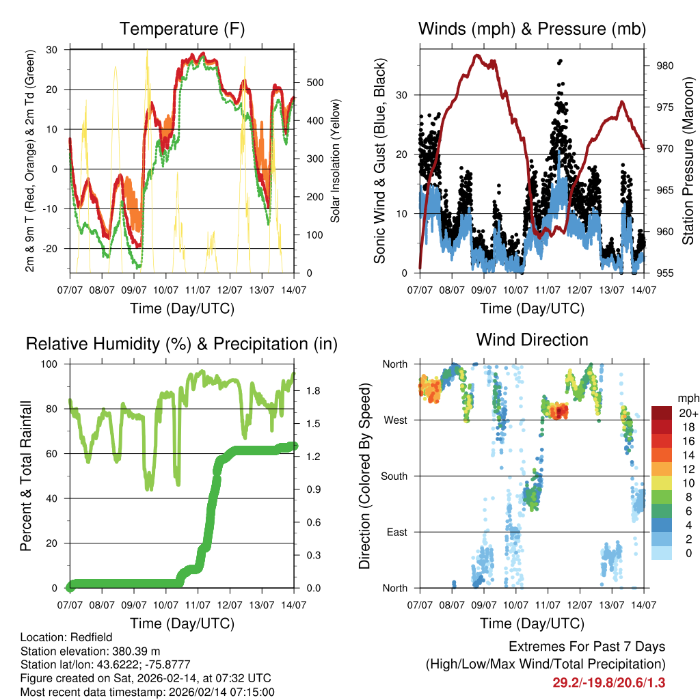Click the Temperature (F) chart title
tap(182, 29)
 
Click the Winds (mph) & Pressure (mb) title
tap(532, 29)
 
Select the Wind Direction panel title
tap(532, 340)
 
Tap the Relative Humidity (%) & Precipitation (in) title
tap(182, 344)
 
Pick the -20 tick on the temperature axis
tap(53, 248)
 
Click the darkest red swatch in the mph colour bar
tap(661, 413)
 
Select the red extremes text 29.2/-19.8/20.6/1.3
tap(608, 682)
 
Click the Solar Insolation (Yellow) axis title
tap(335, 161)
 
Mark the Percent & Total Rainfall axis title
tap(26, 476)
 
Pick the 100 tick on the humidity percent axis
tap(53, 364)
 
